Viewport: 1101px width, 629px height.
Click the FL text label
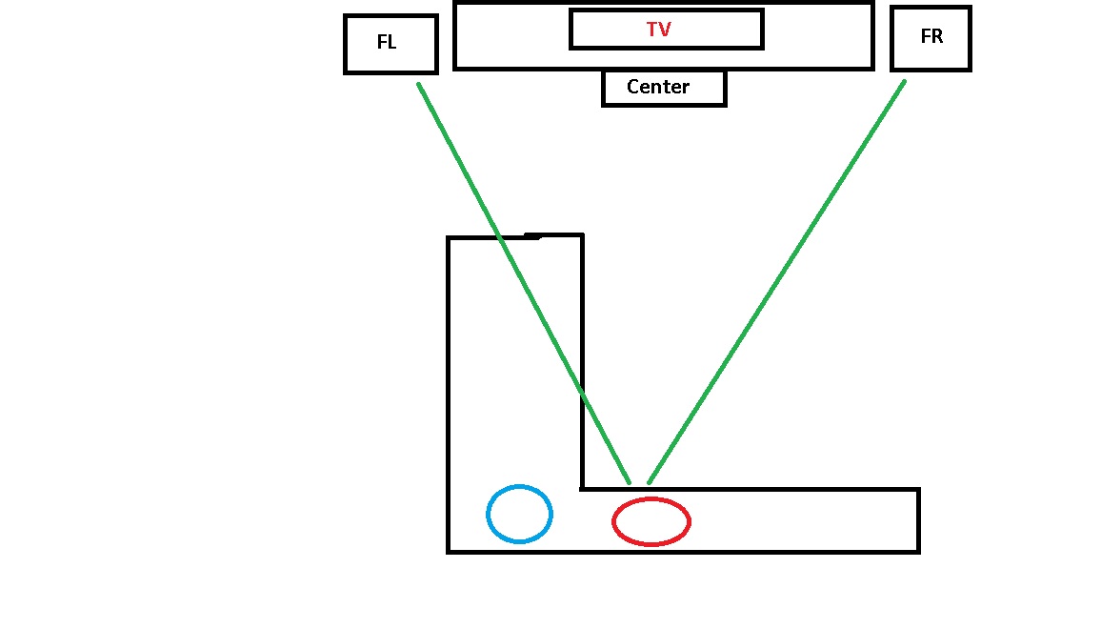coord(387,42)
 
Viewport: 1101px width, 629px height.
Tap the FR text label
coord(931,36)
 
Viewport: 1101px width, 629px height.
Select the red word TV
coord(659,30)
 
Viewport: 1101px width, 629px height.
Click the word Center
coord(658,87)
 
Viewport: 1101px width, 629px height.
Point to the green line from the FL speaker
coord(524,283)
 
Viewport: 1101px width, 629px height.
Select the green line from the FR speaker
coord(776,282)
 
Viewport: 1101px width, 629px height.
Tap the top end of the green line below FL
coord(418,84)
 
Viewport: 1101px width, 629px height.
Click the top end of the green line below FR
coord(905,82)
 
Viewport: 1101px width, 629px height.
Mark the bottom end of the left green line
coord(630,482)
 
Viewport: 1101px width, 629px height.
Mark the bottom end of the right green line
coord(649,482)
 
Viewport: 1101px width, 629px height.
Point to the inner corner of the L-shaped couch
coord(583,489)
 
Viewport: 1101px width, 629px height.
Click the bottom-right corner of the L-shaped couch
coord(918,552)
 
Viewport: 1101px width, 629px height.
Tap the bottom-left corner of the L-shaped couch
coord(448,552)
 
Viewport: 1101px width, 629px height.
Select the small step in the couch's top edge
coord(532,237)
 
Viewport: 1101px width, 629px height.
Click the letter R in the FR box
coord(937,36)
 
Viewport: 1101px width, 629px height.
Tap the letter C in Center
coord(632,87)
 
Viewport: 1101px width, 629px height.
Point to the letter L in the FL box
coord(391,42)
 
